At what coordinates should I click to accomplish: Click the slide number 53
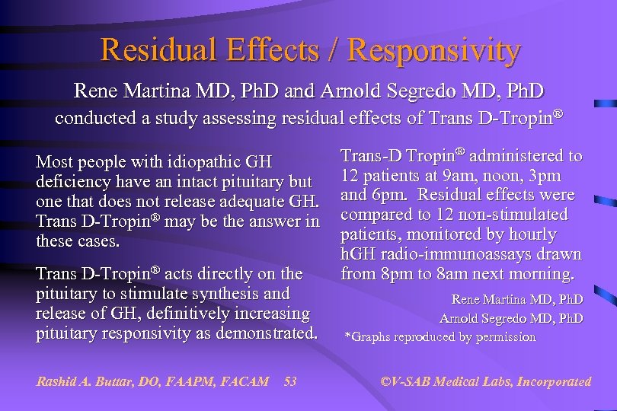tap(289, 381)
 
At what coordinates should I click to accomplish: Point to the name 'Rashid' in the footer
tap(56, 381)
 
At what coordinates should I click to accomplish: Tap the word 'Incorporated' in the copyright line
tap(554, 381)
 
